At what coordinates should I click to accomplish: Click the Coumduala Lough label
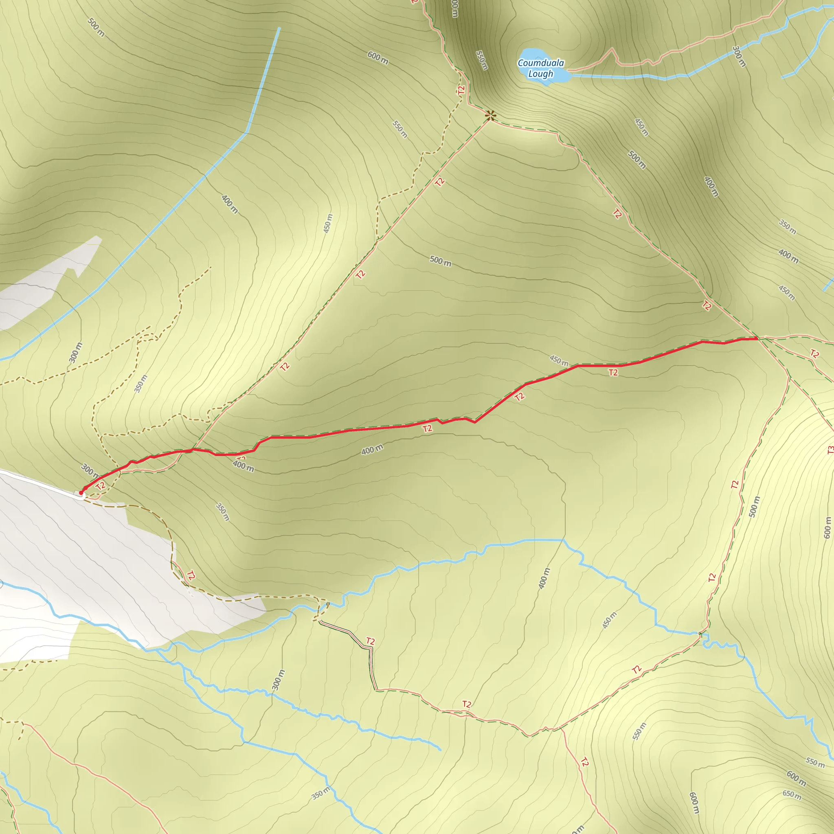click(x=540, y=68)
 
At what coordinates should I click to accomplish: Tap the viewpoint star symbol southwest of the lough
click(x=490, y=115)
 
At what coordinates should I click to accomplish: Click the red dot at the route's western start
click(x=81, y=493)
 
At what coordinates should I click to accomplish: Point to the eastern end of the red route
click(x=758, y=339)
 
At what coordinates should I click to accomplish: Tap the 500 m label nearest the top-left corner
click(x=96, y=27)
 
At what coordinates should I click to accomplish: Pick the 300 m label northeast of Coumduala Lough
click(x=739, y=57)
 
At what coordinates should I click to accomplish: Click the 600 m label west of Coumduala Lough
click(x=378, y=58)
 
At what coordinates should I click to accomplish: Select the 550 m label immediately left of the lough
click(x=482, y=60)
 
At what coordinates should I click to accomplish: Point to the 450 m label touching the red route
click(x=559, y=360)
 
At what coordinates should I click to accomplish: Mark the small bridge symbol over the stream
click(x=328, y=604)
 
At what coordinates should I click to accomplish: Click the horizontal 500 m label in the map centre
click(x=440, y=261)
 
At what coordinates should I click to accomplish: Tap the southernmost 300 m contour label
click(x=279, y=680)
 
